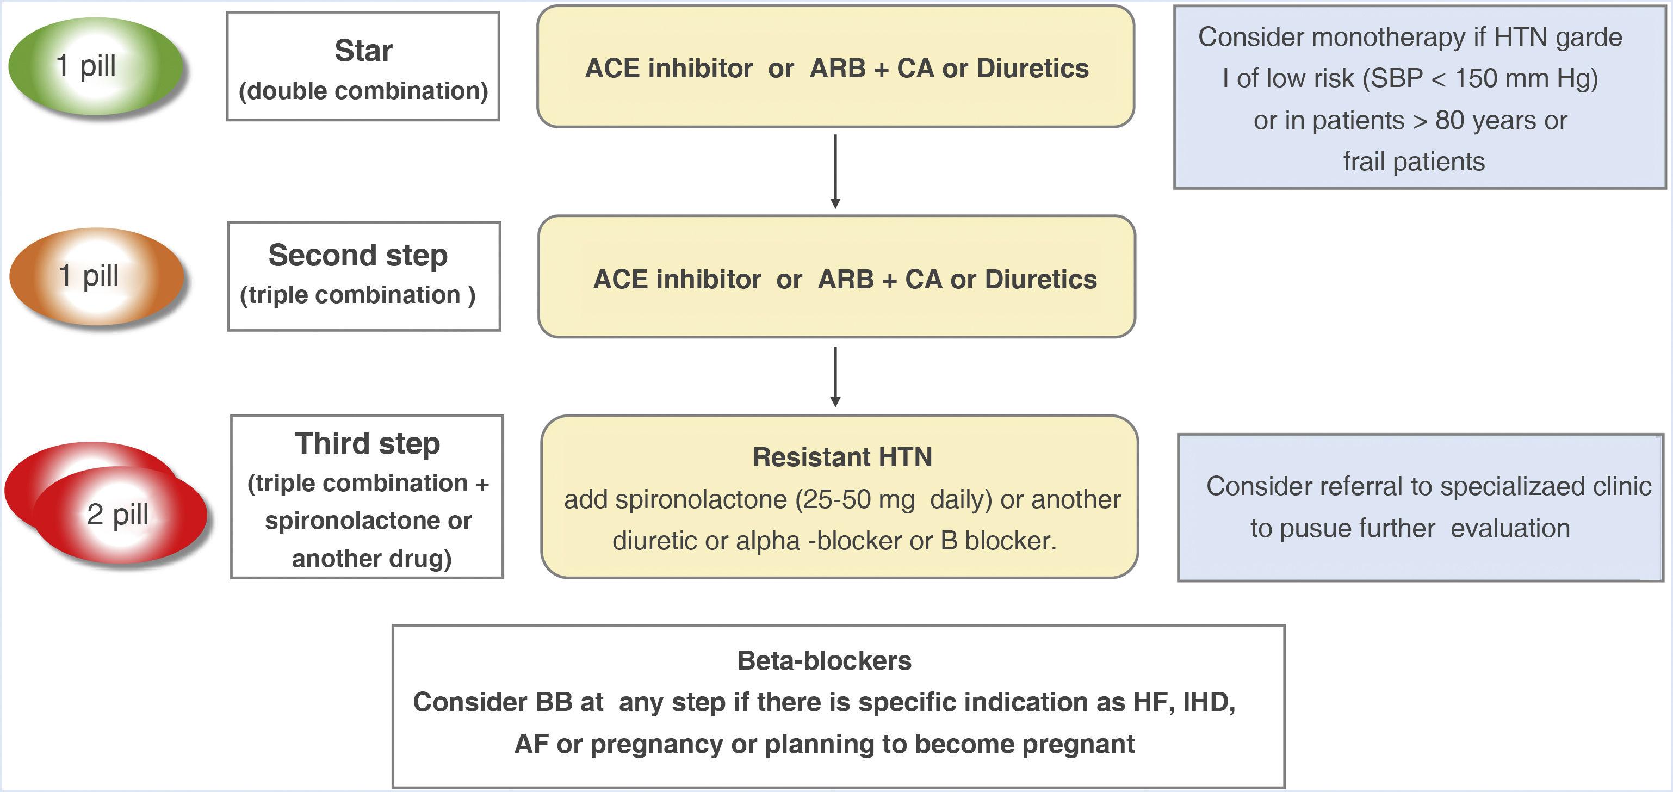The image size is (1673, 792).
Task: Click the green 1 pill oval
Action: [x=96, y=66]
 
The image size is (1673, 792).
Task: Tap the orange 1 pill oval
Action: [x=97, y=276]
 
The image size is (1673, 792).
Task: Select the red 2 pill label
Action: [x=117, y=515]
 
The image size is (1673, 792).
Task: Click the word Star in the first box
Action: [x=363, y=51]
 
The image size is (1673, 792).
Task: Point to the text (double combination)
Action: [x=363, y=91]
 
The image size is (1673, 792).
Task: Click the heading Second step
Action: [x=358, y=255]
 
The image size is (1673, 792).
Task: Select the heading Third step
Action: [x=368, y=444]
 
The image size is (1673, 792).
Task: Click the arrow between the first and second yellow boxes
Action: [x=835, y=171]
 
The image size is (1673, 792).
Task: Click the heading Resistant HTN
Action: [x=842, y=457]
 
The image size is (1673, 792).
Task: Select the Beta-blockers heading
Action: [x=824, y=661]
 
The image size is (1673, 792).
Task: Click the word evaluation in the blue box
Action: [x=1510, y=528]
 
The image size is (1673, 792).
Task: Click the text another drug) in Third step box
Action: [x=371, y=559]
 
